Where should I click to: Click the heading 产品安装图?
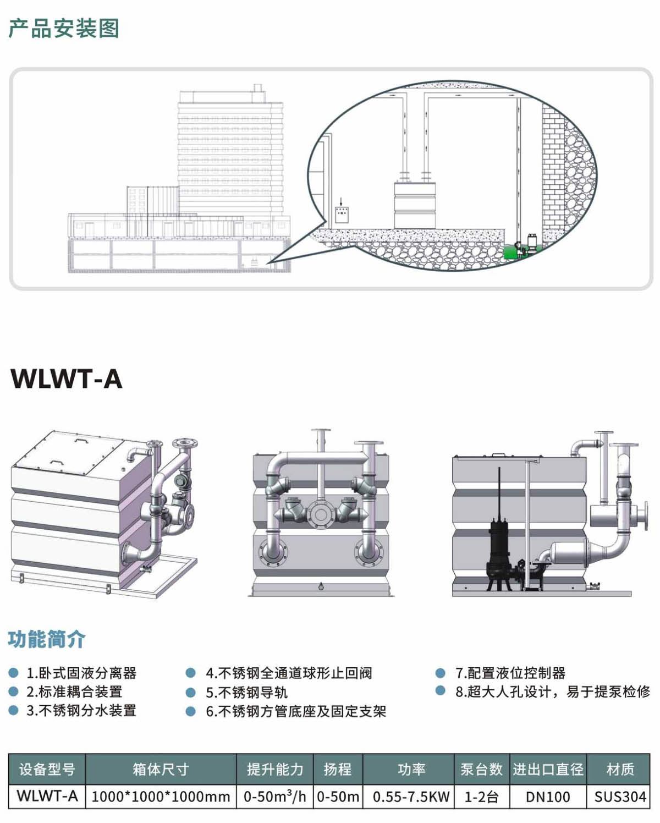[x=64, y=29]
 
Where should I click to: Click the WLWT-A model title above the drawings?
[x=67, y=379]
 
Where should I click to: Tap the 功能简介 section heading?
[x=47, y=639]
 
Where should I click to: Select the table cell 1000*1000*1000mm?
[x=161, y=797]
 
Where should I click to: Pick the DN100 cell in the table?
[x=548, y=797]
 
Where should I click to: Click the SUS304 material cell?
[x=620, y=797]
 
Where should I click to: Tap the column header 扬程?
[x=338, y=769]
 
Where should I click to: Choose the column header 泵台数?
[x=482, y=769]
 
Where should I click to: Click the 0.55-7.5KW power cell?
[x=411, y=797]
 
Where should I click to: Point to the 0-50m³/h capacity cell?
[x=274, y=797]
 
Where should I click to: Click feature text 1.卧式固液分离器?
[x=81, y=673]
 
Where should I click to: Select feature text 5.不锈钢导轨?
[x=247, y=692]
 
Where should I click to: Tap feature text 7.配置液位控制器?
[x=510, y=673]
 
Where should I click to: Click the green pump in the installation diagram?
[x=514, y=252]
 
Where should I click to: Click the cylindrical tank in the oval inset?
[x=415, y=205]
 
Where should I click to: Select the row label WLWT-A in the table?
[x=47, y=797]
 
